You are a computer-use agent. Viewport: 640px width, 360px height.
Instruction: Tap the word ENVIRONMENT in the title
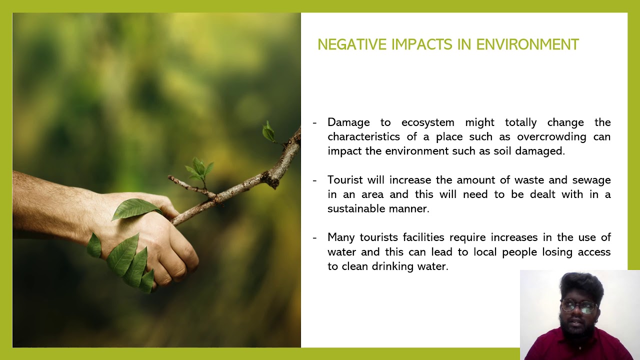click(527, 44)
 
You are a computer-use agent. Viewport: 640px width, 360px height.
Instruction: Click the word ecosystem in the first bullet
click(427, 122)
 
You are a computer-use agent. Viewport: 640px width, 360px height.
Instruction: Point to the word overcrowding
click(551, 137)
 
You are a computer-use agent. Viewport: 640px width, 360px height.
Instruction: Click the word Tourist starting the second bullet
click(345, 180)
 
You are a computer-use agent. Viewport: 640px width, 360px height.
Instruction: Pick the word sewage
click(591, 180)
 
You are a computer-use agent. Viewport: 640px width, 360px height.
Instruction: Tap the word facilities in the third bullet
click(423, 237)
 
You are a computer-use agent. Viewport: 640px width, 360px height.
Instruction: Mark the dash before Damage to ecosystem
click(314, 122)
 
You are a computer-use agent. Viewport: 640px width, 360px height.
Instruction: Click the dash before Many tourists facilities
click(314, 237)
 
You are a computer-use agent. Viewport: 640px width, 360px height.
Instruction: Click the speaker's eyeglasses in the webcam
click(579, 305)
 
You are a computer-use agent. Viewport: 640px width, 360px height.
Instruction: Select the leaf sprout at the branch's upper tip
click(269, 131)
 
